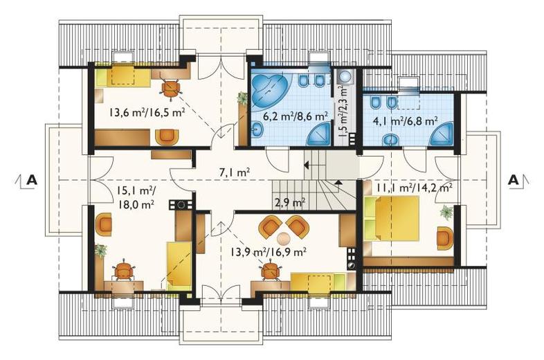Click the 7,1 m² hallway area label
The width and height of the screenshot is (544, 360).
click(235, 172)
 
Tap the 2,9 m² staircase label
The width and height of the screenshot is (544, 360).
click(290, 202)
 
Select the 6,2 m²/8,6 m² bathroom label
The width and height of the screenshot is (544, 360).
click(296, 116)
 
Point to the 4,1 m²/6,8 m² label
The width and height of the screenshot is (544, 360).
click(405, 121)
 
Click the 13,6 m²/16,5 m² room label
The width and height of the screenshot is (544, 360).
click(147, 112)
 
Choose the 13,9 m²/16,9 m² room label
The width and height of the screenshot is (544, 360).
click(268, 251)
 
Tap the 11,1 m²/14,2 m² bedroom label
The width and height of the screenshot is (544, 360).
click(415, 188)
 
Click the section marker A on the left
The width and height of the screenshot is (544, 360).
click(32, 180)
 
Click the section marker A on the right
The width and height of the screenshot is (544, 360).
click(513, 180)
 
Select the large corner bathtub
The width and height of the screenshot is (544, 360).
click(268, 87)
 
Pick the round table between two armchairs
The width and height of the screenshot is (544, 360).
click(284, 238)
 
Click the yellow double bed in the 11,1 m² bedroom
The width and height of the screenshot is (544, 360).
click(392, 218)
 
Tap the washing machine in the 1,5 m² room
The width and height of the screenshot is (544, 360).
click(345, 76)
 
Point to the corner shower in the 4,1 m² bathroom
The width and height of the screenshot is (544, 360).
click(442, 134)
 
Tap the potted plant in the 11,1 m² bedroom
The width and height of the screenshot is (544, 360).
click(446, 212)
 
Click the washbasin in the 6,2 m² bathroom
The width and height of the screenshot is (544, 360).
click(257, 129)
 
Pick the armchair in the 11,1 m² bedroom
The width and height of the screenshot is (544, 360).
click(445, 237)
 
